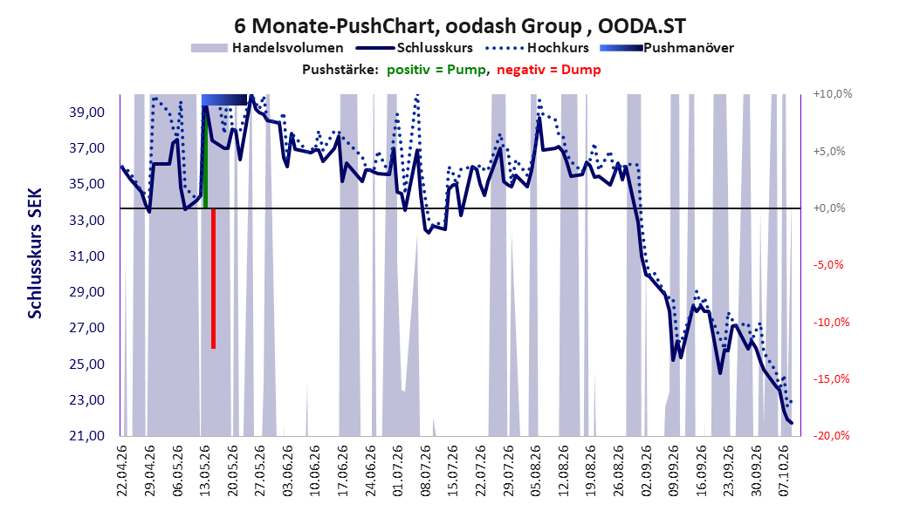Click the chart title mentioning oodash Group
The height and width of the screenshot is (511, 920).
[x=460, y=26]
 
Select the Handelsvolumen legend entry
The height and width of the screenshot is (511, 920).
[x=268, y=48]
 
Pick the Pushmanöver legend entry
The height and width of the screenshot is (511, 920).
[x=667, y=48]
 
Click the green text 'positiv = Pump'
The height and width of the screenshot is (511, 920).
[x=436, y=70]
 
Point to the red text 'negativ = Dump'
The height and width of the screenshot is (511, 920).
[x=549, y=70]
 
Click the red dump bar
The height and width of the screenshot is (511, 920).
[x=214, y=278]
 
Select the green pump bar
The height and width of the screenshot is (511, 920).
[x=205, y=157]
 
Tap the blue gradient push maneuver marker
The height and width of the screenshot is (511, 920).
[x=224, y=99]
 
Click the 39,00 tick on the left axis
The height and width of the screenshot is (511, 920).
[x=86, y=112]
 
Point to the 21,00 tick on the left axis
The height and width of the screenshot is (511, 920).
[x=86, y=435]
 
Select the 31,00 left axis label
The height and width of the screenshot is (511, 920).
[x=86, y=256]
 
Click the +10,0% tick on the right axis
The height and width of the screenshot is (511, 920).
[x=833, y=94]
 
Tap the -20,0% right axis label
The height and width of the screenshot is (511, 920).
[x=831, y=435]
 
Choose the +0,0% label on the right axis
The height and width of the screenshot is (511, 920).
[x=829, y=208]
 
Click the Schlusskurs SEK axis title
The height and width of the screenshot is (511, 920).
[x=35, y=253]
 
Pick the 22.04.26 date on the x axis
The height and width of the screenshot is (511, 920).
[x=122, y=471]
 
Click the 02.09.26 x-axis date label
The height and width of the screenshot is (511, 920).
[x=645, y=471]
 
